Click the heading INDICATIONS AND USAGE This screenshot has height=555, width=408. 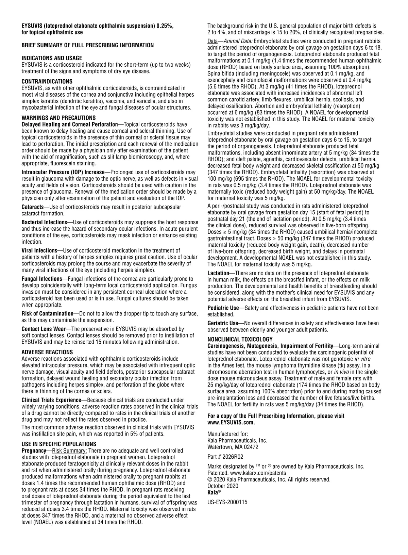tap(52, 58)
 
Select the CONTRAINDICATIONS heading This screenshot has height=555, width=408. tap(47, 81)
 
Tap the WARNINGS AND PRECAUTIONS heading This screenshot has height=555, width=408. tap(58, 118)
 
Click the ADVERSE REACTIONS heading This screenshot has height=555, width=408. tap(47, 352)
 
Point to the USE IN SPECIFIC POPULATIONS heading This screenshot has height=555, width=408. tap(59, 444)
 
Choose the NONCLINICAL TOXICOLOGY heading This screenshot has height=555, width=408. tap(240, 339)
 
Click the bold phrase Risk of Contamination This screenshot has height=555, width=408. tap(47, 313)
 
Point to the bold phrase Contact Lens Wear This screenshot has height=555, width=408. tap(43, 329)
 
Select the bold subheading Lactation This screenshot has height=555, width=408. tap(218, 273)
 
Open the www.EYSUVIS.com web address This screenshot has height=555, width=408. tap(231, 422)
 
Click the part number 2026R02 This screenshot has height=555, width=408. tap(233, 457)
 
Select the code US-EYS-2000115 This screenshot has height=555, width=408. tap(227, 502)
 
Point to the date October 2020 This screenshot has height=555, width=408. tap(223, 486)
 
